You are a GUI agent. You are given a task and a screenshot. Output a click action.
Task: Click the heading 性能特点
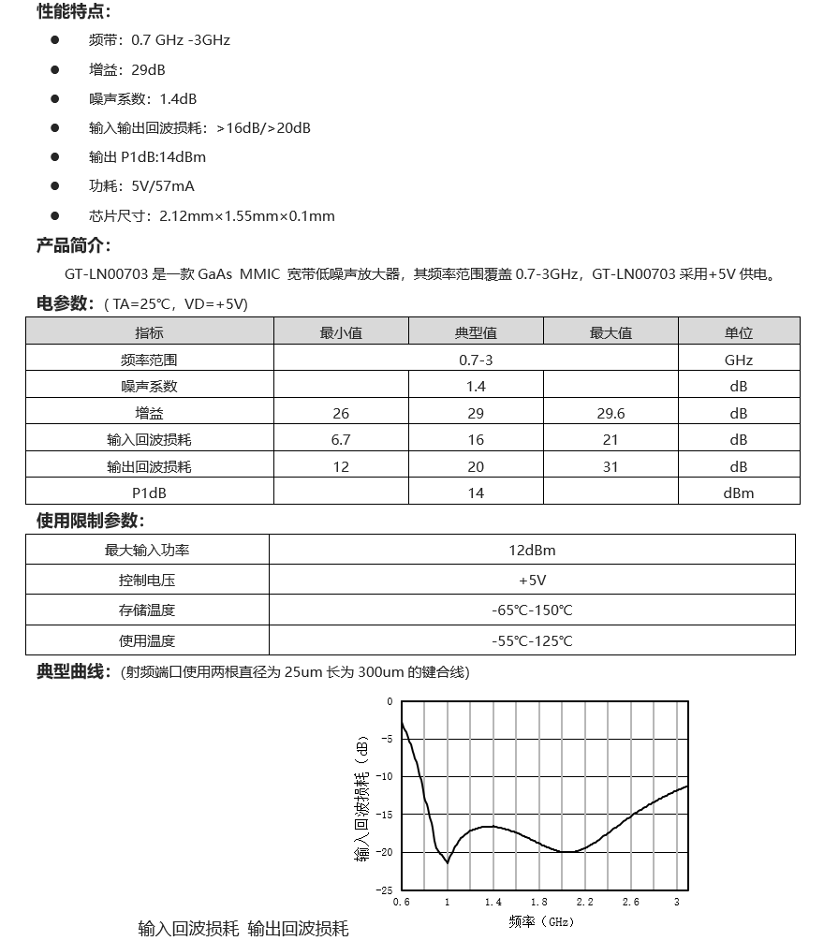coord(73,11)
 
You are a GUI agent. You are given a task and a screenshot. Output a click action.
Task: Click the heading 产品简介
coord(73,245)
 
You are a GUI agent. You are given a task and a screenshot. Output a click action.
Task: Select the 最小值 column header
coord(341,332)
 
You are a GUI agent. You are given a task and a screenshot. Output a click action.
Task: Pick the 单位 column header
coord(738,332)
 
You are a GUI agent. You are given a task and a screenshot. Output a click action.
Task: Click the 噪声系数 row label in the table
coord(149,386)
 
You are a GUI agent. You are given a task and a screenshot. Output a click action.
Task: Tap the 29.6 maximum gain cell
coord(611,413)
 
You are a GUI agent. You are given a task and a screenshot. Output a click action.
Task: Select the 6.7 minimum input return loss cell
coord(341,439)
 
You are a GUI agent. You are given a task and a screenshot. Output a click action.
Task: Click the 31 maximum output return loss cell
coord(611,466)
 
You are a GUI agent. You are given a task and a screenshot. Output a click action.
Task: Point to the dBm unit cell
coord(738,493)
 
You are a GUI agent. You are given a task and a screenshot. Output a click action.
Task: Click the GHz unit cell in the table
coord(738,360)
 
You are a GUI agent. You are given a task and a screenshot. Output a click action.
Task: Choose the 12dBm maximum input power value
coord(532,550)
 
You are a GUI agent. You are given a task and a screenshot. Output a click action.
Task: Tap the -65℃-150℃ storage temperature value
coord(532,610)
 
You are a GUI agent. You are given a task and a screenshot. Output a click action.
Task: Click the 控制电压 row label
coord(147,581)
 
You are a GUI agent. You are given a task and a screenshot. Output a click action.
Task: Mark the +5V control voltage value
coord(532,581)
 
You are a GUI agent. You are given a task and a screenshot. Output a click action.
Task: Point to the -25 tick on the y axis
coord(387,890)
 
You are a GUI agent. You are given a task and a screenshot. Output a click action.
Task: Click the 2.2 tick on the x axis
coord(585,902)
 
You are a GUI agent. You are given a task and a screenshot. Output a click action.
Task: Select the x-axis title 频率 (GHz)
coord(541,921)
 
